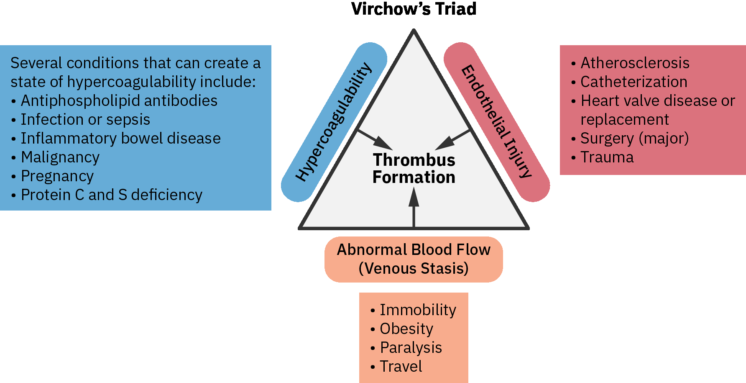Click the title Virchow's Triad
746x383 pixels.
[x=414, y=9]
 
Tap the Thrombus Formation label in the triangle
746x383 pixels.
[x=414, y=169]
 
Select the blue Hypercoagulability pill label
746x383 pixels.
[x=333, y=122]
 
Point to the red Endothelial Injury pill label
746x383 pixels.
[x=496, y=121]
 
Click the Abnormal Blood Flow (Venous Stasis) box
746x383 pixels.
[x=414, y=259]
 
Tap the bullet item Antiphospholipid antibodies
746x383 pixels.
[x=119, y=101]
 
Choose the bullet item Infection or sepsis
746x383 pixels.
[x=85, y=120]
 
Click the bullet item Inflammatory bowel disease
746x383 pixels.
[x=121, y=139]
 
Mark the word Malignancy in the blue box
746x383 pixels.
[x=60, y=157]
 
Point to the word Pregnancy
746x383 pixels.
[x=57, y=176]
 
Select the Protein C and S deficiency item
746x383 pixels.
[x=112, y=195]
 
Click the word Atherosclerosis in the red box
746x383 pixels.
[x=635, y=63]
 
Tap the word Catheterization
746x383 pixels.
[x=634, y=82]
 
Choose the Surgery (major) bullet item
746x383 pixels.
[x=634, y=139]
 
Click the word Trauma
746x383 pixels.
[x=607, y=157]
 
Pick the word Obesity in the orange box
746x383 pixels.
[x=406, y=329]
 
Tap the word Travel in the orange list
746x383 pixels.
[x=401, y=367]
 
